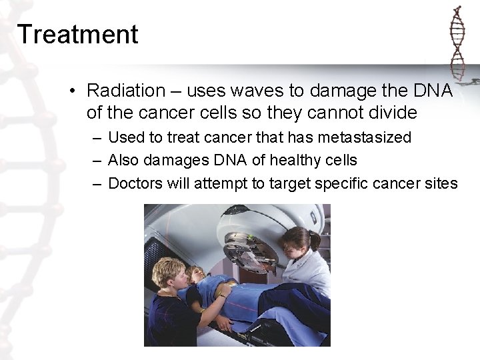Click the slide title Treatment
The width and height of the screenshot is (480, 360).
pos(78,34)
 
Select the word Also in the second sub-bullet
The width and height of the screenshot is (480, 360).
pos(121,161)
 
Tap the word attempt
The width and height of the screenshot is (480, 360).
pos(223,183)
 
